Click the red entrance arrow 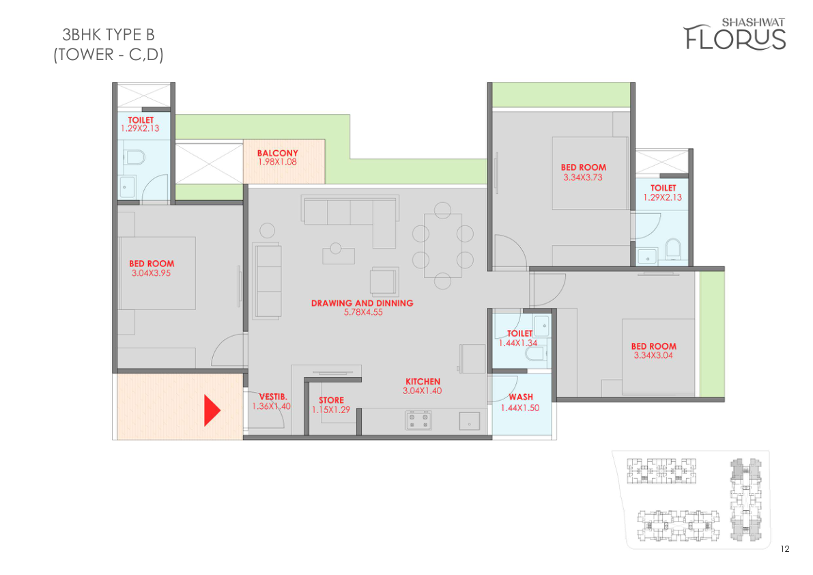(212, 410)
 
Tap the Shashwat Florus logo (734, 35)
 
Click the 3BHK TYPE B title (109, 35)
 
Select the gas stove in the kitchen (418, 421)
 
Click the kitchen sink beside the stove (469, 421)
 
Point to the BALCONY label (277, 153)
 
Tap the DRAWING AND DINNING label (362, 303)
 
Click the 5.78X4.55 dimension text (363, 312)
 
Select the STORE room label (331, 400)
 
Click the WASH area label (521, 397)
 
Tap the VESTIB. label (273, 397)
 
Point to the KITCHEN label (423, 382)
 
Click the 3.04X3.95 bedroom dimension (151, 272)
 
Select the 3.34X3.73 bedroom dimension (583, 177)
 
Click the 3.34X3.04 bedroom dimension (653, 355)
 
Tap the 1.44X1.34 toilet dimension (518, 343)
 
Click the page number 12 (784, 548)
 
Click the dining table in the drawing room (443, 245)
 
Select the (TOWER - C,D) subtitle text (109, 55)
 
